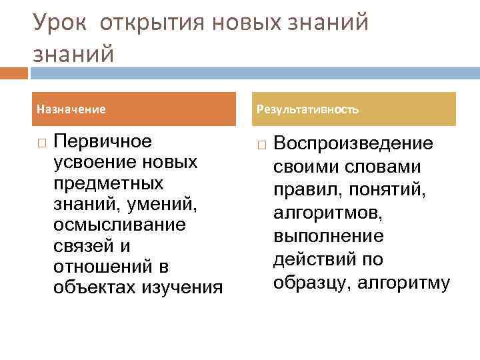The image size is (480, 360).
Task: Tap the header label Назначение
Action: [x=71, y=109]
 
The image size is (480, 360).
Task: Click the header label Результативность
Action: [x=307, y=109]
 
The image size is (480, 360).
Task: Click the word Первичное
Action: [x=103, y=142]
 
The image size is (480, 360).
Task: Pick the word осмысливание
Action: [x=119, y=225]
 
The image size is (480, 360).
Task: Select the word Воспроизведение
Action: [x=353, y=143]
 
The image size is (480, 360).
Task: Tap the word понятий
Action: [x=396, y=190]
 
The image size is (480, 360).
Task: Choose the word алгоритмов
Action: [x=325, y=213]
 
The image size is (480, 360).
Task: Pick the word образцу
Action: [x=312, y=283]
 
